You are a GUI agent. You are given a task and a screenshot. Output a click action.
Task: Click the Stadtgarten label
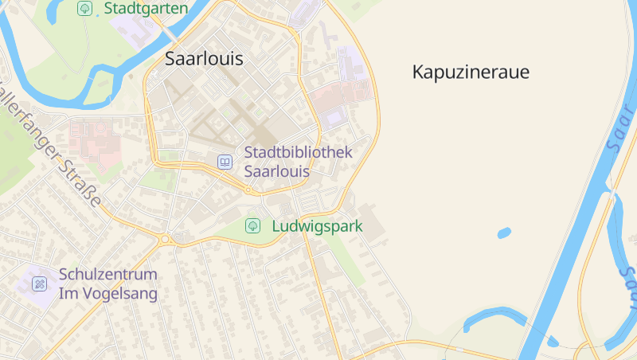coord(146,9)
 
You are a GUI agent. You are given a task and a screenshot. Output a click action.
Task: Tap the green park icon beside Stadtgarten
coord(84,8)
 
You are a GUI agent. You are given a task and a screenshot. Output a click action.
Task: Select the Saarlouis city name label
coord(204,58)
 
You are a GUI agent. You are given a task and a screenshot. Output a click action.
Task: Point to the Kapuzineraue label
coord(471,72)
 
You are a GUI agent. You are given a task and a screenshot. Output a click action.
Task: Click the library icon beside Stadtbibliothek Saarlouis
coord(225,162)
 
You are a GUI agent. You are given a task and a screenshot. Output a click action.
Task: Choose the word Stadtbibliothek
coord(298,152)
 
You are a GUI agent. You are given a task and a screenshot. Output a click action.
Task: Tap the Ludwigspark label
coord(317,226)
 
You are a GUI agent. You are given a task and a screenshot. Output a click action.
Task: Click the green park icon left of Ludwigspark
coord(252,226)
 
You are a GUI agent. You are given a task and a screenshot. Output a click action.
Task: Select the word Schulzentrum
coord(108,275)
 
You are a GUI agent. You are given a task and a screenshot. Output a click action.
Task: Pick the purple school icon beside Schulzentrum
coord(40,284)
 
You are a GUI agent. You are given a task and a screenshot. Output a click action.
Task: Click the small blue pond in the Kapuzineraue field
coord(503,233)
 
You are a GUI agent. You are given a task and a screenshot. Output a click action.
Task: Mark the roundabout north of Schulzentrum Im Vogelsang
coord(166,238)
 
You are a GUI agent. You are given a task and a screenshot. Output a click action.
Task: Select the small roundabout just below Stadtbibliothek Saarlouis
coord(249,190)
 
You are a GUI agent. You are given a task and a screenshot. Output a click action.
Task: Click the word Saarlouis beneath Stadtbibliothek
coord(276,171)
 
